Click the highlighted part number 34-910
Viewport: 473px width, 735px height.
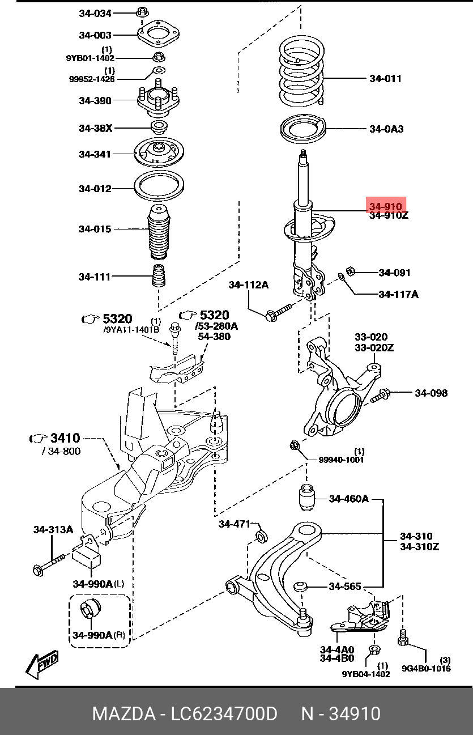(386, 206)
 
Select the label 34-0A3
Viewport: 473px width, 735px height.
(386, 129)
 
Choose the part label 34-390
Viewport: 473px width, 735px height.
(95, 100)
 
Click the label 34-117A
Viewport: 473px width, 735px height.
(398, 294)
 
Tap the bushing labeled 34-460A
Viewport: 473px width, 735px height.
(306, 498)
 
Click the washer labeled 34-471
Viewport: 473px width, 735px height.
(262, 536)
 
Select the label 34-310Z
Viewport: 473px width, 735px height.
(419, 547)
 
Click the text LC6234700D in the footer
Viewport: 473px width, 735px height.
(225, 713)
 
